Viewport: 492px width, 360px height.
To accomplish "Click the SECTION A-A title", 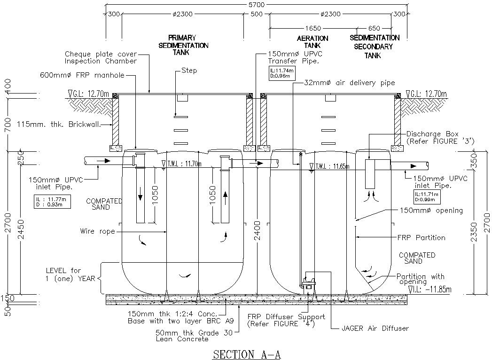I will coord(247,353).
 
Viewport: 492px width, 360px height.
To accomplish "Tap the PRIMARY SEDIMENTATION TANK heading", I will coord(188,45).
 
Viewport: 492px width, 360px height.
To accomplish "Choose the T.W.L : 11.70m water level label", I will coord(181,164).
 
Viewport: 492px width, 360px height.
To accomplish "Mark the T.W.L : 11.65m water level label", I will coord(333,166).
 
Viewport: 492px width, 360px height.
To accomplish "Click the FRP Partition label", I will coord(421,238).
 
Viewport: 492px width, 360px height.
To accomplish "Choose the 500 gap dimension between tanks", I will coord(256,14).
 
